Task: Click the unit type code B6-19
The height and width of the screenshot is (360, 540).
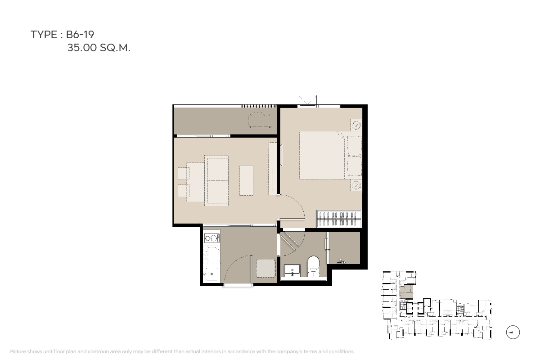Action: tap(80, 35)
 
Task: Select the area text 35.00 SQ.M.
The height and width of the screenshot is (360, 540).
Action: tap(99, 48)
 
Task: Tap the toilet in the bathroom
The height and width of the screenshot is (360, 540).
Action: tap(313, 266)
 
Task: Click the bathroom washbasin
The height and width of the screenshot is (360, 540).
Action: tap(292, 270)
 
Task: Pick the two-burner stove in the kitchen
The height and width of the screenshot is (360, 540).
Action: tap(212, 238)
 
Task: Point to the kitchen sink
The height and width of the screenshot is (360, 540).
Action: tap(211, 274)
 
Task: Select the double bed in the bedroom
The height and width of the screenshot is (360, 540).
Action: tap(330, 155)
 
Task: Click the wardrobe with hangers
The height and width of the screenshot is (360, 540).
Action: tap(339, 218)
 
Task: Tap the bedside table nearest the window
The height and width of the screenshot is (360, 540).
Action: tap(356, 125)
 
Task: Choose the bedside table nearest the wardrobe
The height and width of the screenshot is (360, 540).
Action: tap(356, 185)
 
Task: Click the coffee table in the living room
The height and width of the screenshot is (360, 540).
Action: tap(247, 180)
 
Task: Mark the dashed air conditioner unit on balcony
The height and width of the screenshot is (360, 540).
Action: tap(260, 120)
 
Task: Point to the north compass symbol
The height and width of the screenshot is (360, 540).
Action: tap(513, 332)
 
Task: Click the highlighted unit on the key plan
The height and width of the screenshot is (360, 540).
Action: tap(406, 292)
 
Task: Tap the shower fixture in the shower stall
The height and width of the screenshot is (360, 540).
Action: tap(342, 261)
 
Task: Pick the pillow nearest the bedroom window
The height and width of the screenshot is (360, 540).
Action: tap(355, 146)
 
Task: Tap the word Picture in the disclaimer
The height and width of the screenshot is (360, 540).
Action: tap(18, 351)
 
